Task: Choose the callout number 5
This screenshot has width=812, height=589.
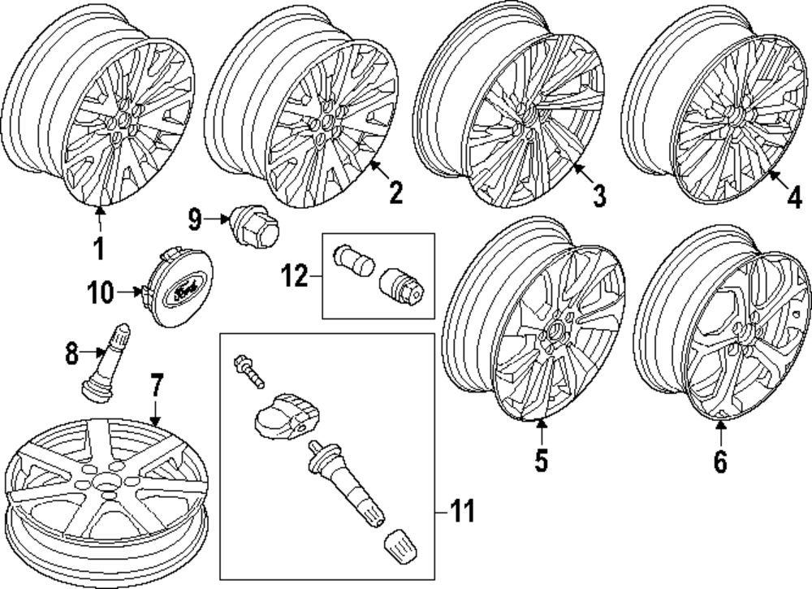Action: [x=542, y=460]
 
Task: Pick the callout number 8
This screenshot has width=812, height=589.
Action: [x=71, y=352]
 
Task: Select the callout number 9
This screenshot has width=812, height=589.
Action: [x=194, y=218]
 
